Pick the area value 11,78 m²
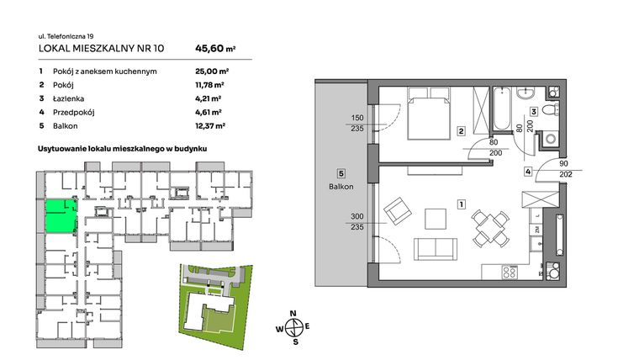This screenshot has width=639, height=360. point(209,85)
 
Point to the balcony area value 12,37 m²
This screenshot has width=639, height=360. point(209,125)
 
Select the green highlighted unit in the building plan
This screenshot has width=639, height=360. point(60,216)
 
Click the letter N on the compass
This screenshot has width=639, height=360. point(293,315)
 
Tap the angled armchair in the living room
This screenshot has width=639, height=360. point(394,210)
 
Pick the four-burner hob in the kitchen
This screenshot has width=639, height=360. point(510,273)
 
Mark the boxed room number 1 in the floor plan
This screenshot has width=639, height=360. point(461,204)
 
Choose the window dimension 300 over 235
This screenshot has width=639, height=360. point(356,220)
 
